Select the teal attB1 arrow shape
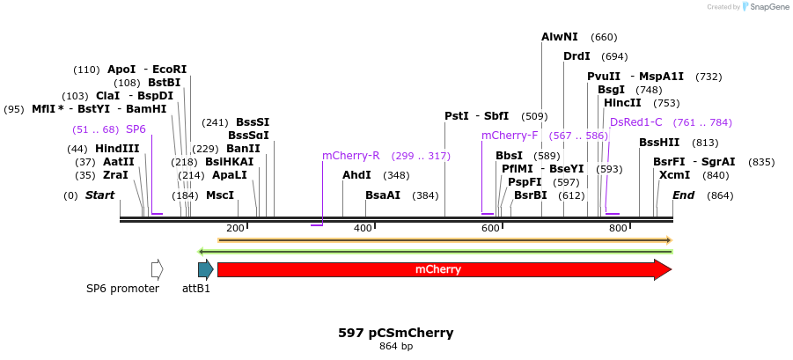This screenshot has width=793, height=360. tap(205, 269)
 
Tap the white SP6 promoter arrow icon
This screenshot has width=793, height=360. tap(158, 269)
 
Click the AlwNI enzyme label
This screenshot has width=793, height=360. tap(560, 37)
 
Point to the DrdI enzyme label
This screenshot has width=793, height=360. tap(576, 56)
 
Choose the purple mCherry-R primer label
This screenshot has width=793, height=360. tap(350, 156)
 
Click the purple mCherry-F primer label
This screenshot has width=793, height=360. tap(510, 136)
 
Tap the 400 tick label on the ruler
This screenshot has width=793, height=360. tap(363, 228)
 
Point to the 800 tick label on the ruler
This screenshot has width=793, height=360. tap(618, 228)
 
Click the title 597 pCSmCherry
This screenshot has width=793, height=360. tap(396, 333)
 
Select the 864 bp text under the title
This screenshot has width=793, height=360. tap(396, 347)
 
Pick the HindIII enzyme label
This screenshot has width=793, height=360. tap(117, 149)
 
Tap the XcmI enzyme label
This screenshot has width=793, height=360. tap(674, 175)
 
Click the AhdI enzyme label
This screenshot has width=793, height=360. tap(356, 175)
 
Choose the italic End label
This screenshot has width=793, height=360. tap(684, 195)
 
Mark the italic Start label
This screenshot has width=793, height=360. tap(99, 195)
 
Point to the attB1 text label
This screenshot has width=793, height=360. tap(196, 289)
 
